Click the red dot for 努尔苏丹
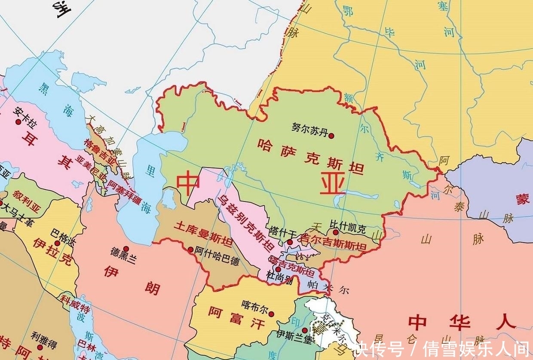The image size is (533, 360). click(x=331, y=135)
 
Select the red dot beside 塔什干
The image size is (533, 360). click(x=290, y=242)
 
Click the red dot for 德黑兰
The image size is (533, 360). click(x=126, y=249)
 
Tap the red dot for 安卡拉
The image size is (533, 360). click(x=18, y=122)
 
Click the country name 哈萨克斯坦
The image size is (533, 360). click(x=310, y=156)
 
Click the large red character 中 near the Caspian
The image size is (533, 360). click(x=188, y=184)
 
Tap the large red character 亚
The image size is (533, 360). click(x=332, y=185)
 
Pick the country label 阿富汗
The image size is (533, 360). click(x=237, y=318)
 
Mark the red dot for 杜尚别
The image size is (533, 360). click(x=278, y=269)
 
